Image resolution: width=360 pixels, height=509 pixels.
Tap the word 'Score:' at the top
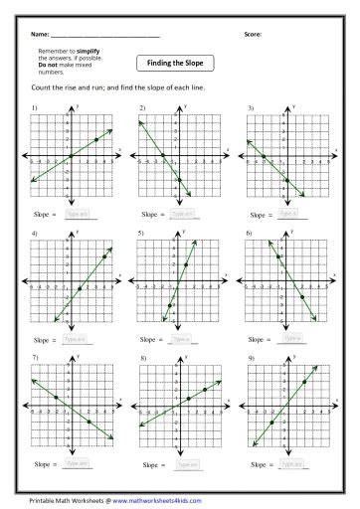253,34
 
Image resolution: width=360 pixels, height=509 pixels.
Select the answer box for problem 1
78,214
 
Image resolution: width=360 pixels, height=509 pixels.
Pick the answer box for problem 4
78,339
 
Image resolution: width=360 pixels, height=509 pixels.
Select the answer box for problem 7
78,463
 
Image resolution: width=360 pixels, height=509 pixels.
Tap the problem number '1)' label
35,106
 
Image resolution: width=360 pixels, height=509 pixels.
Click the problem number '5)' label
142,232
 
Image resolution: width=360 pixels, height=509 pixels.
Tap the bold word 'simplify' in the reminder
90,50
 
